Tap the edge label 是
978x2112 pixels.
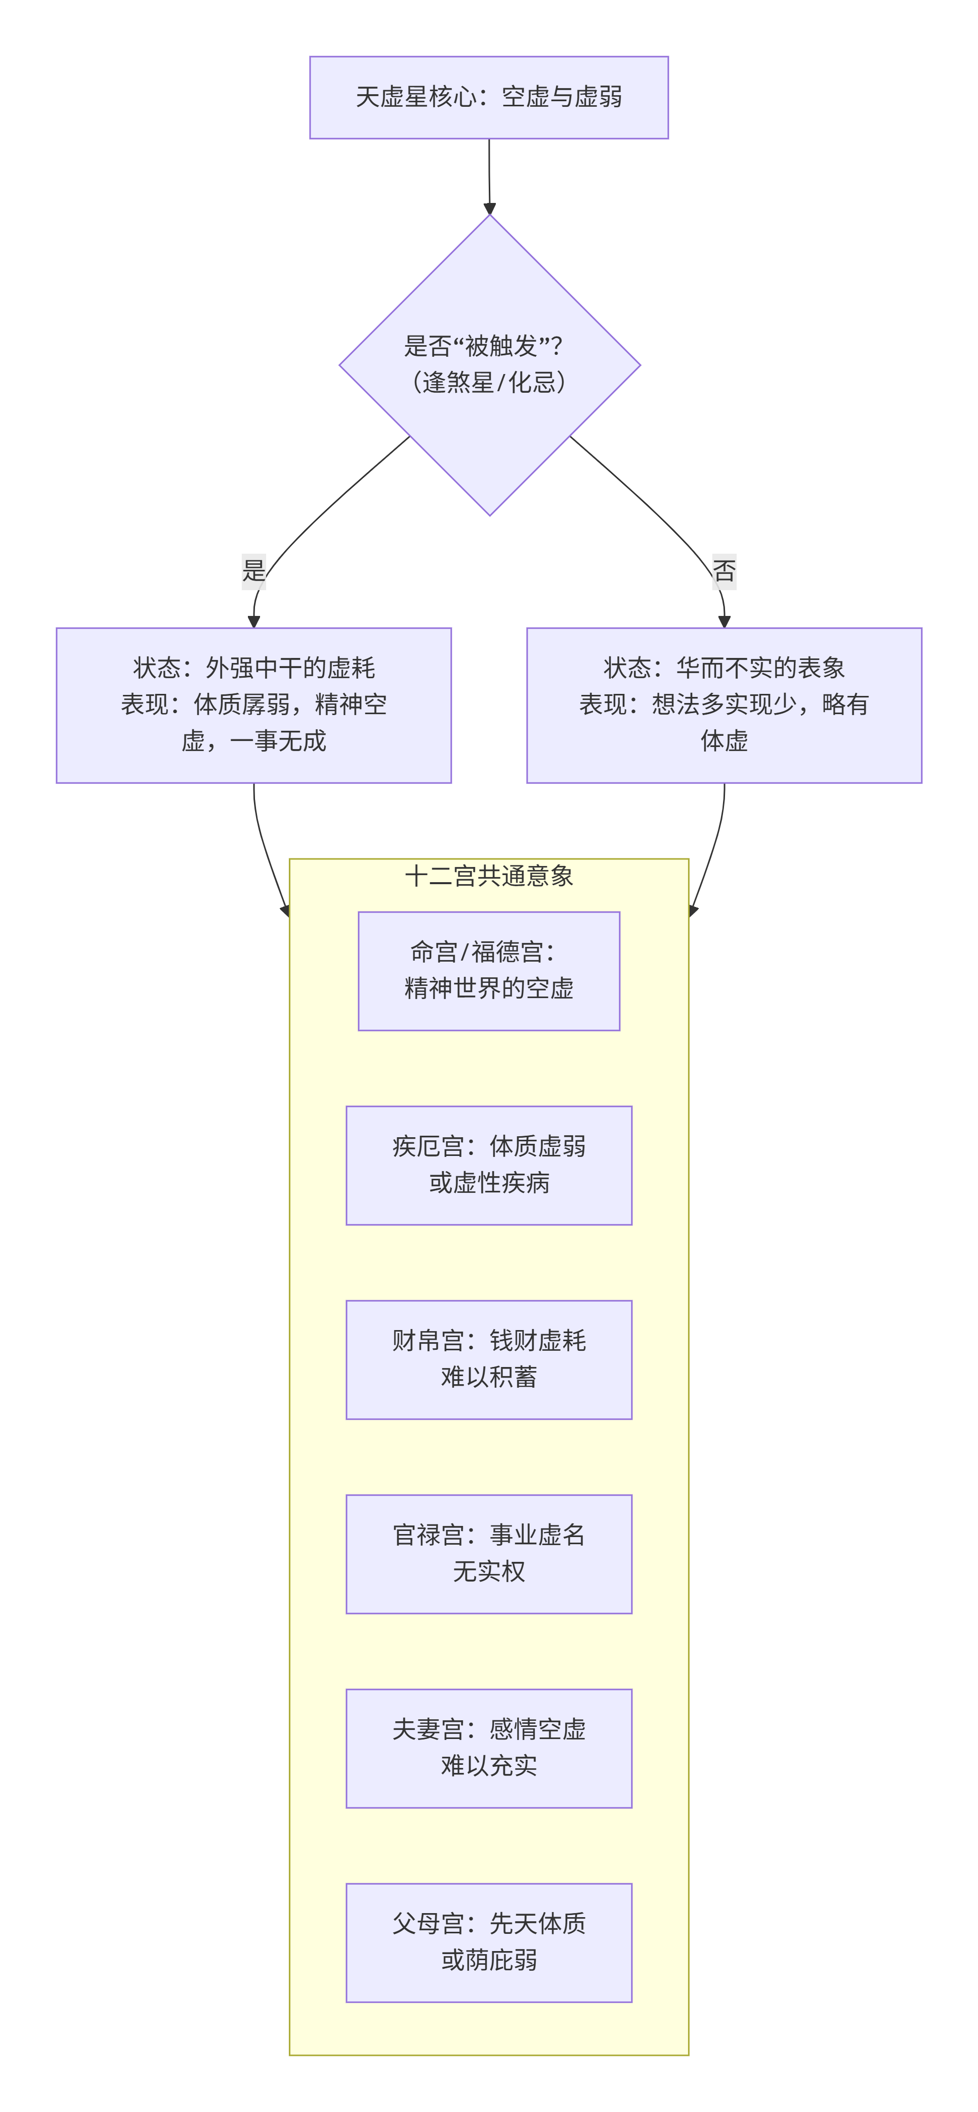tap(253, 570)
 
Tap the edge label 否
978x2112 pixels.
tap(724, 570)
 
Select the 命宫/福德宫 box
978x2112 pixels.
tap(489, 971)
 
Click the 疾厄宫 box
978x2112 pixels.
tap(489, 1165)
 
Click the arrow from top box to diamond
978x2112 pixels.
tap(489, 176)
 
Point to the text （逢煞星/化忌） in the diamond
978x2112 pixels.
tap(489, 382)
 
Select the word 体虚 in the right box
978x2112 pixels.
tap(724, 741)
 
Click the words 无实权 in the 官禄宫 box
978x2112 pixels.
tap(489, 1571)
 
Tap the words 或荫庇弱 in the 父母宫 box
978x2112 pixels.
tap(489, 1960)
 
